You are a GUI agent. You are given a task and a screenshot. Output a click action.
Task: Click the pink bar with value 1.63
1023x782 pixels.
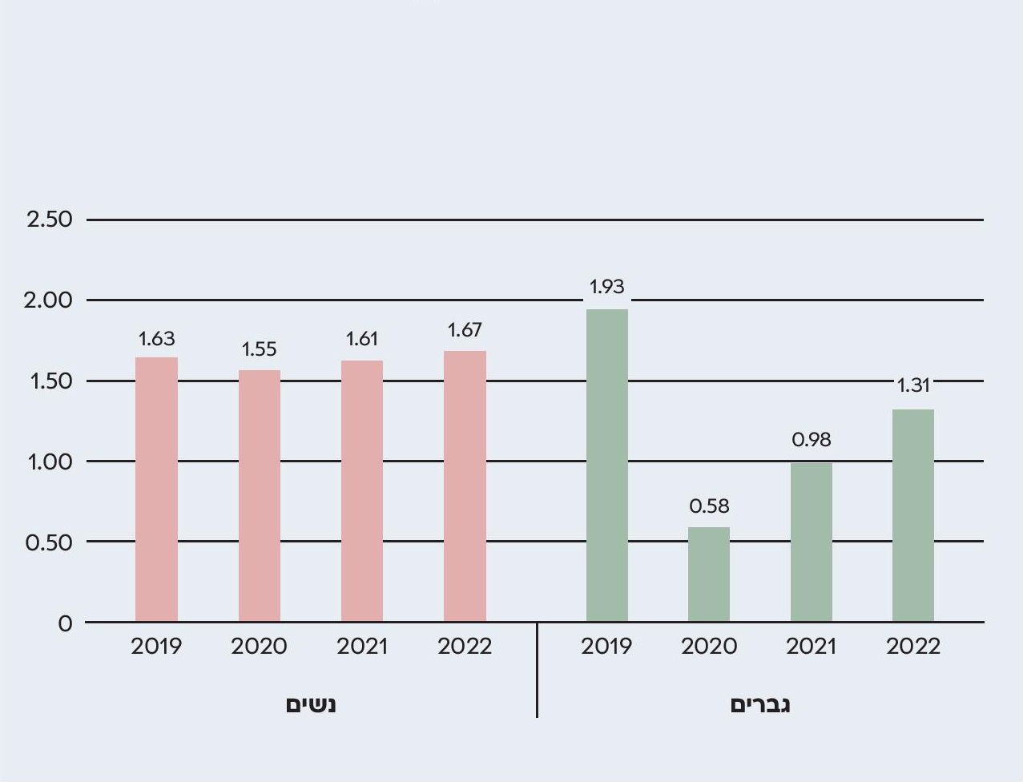pos(156,489)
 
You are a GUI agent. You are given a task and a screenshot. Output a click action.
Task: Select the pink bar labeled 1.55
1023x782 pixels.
pos(260,495)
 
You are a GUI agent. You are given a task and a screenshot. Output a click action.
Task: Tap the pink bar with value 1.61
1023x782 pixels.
pos(362,490)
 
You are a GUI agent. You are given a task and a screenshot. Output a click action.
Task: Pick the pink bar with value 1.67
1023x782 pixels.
pos(465,486)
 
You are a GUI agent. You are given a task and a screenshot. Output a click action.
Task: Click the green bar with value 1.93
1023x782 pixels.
pos(607,465)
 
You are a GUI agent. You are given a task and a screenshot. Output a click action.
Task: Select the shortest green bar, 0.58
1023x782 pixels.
pos(709,574)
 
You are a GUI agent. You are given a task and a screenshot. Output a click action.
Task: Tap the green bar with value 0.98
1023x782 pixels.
pos(812,542)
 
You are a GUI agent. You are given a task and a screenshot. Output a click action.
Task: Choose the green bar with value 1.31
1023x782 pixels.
pos(913,515)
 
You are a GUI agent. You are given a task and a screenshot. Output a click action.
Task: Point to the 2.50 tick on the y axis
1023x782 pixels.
pos(49,219)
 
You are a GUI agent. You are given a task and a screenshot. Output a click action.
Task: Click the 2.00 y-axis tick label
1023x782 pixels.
pos(48,300)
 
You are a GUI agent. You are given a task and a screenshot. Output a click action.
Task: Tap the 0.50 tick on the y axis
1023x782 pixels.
pos(49,542)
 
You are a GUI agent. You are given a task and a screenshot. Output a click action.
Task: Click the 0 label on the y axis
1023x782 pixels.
pos(65,623)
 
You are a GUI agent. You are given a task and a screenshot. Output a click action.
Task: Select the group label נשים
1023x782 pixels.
pos(311,704)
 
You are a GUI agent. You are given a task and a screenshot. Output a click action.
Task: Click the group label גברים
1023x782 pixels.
pos(760,704)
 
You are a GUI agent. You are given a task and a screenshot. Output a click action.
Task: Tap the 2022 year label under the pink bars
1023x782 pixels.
pos(465,646)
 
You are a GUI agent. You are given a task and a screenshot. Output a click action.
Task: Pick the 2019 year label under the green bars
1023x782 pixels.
pos(606,646)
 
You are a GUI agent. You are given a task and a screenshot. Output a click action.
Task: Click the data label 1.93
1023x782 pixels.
pos(606,286)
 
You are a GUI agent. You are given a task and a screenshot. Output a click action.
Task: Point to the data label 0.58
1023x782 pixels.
pos(709,506)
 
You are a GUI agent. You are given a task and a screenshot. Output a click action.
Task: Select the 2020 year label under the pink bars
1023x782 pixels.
pos(259,646)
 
